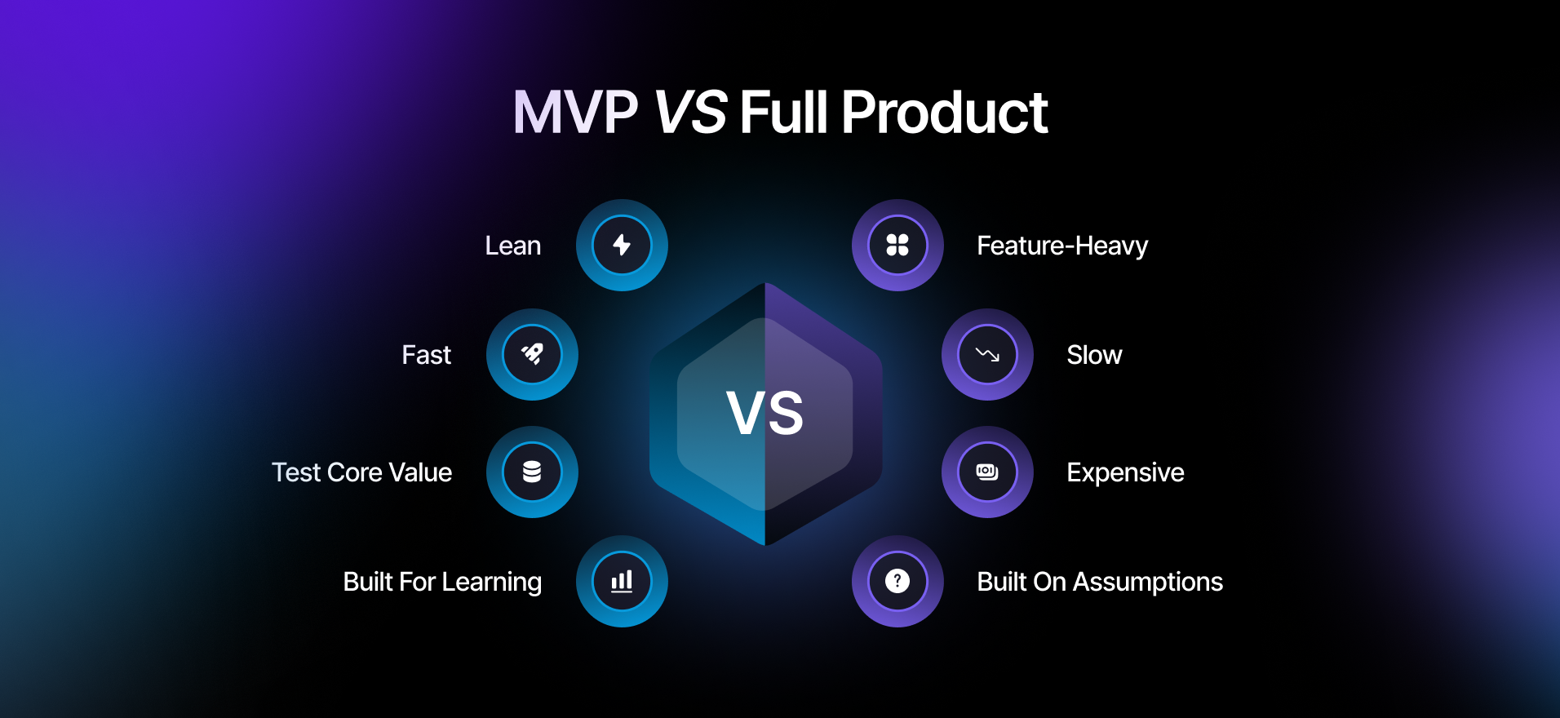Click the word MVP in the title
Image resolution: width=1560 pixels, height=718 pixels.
click(x=575, y=113)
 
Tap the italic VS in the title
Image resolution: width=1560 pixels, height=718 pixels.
click(x=690, y=113)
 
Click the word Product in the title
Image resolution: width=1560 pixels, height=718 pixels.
click(x=944, y=113)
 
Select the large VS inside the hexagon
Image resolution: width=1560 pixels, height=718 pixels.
click(x=764, y=413)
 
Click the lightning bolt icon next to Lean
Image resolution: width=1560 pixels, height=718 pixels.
click(x=622, y=245)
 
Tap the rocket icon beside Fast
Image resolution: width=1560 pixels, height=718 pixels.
click(x=532, y=354)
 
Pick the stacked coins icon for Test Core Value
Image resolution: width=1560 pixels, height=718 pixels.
click(x=532, y=472)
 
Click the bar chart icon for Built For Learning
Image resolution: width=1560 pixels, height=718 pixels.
click(x=622, y=581)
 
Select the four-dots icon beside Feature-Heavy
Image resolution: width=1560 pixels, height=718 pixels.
click(x=897, y=245)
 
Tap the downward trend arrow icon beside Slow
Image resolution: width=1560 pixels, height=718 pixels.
click(x=987, y=354)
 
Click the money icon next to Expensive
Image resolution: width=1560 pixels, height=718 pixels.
click(x=987, y=472)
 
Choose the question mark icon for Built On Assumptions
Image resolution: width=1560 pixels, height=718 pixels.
click(x=897, y=581)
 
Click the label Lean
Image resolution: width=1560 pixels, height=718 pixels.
click(x=512, y=246)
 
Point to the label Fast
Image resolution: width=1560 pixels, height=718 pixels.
click(x=426, y=355)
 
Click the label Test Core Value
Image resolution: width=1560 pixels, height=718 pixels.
click(x=361, y=472)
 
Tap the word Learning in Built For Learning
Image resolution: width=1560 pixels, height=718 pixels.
click(x=491, y=582)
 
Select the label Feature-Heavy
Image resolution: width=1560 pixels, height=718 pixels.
click(x=1062, y=246)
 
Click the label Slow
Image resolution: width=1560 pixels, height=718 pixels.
click(x=1094, y=355)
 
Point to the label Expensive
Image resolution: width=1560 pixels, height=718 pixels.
click(x=1125, y=472)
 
